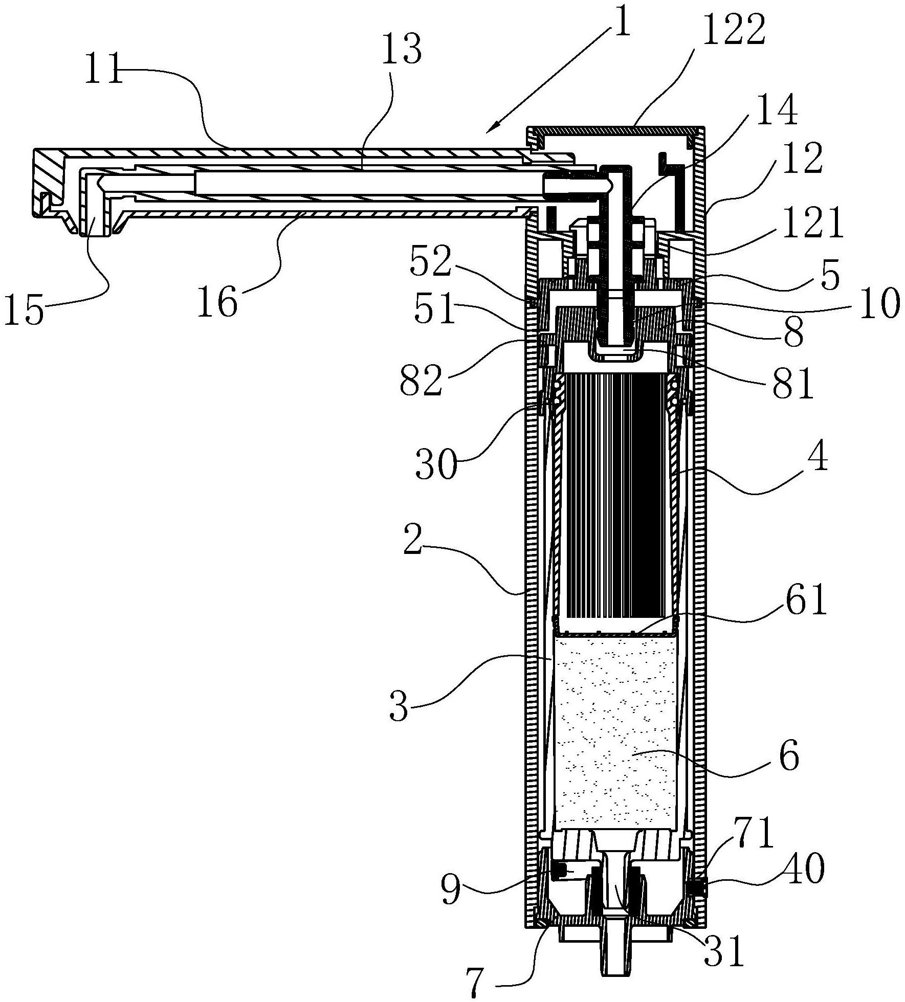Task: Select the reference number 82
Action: tap(421, 380)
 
